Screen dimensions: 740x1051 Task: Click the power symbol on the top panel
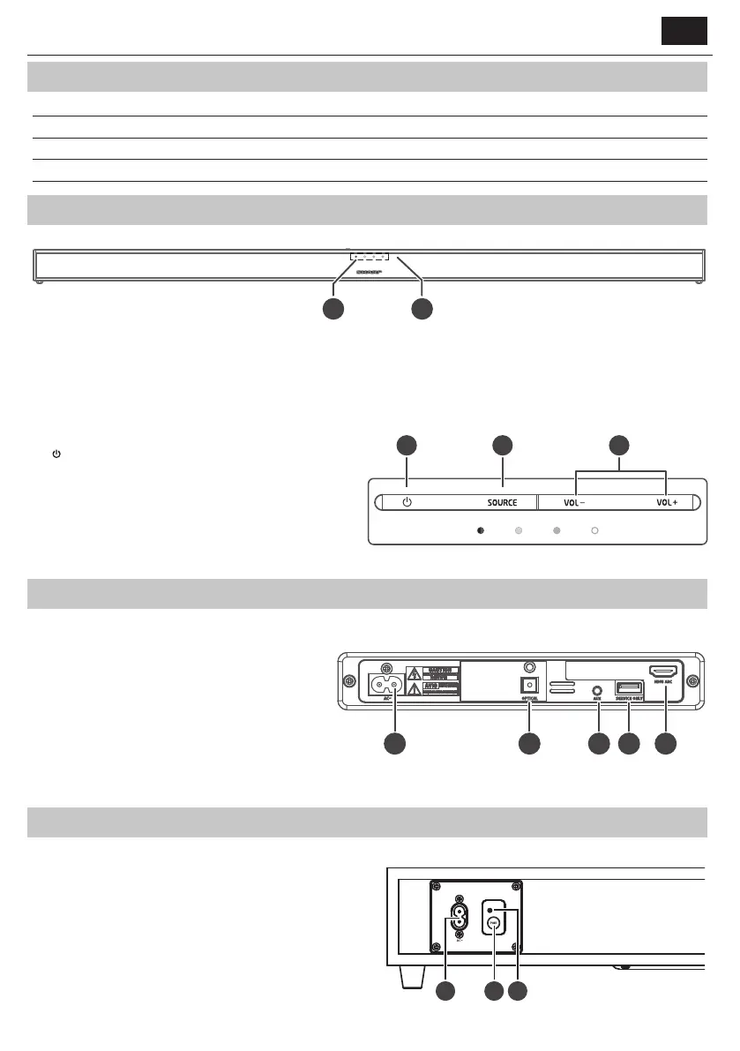[407, 503]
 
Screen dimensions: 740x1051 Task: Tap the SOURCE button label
[502, 503]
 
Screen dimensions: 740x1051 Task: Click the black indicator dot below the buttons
[480, 531]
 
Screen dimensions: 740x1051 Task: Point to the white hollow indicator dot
[594, 531]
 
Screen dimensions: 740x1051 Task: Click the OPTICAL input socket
[530, 686]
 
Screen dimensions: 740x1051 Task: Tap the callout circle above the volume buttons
[620, 446]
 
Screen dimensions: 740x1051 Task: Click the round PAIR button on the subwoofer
[494, 923]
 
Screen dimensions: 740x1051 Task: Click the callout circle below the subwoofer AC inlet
[446, 991]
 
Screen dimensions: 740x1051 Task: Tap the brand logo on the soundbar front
[369, 273]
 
